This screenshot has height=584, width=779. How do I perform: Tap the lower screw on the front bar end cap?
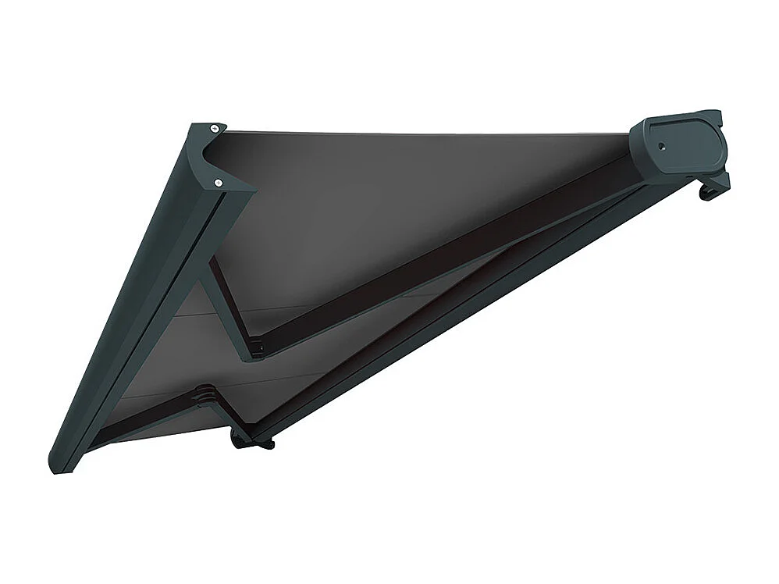point(219,182)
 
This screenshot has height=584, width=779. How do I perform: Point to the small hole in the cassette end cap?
point(660,146)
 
